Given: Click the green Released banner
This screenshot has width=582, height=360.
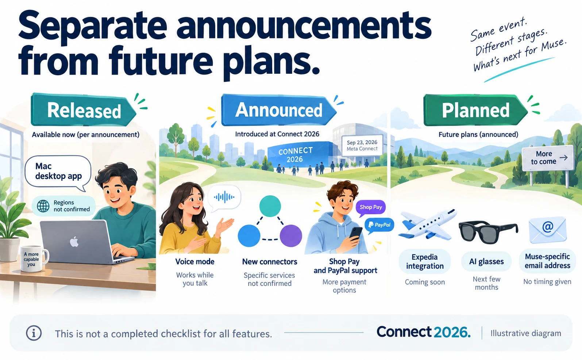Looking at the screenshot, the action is tap(83, 110).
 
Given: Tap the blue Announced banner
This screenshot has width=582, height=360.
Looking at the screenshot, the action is tap(278, 110).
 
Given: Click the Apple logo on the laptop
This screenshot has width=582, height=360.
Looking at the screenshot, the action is tap(74, 242).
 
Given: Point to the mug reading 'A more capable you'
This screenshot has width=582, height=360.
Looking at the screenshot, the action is tap(34, 259).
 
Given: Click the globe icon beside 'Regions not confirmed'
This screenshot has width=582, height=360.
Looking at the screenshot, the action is tap(43, 206).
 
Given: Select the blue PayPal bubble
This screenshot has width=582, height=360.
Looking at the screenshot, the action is tap(379, 225).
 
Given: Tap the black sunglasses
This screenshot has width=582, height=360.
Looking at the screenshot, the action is tap(488, 232).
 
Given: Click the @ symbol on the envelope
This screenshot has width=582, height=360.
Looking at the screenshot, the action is tap(547, 227).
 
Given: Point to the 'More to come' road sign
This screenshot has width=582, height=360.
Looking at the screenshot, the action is tap(548, 158).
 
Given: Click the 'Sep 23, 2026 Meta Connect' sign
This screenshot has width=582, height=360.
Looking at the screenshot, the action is tap(362, 145).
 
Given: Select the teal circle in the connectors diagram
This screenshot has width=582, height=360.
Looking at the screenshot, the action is tap(270, 206).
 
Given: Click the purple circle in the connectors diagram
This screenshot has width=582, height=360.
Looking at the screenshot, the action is tap(291, 236).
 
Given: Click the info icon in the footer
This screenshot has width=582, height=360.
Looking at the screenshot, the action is tap(34, 333).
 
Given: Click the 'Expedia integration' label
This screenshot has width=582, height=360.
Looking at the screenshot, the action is tap(425, 261).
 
